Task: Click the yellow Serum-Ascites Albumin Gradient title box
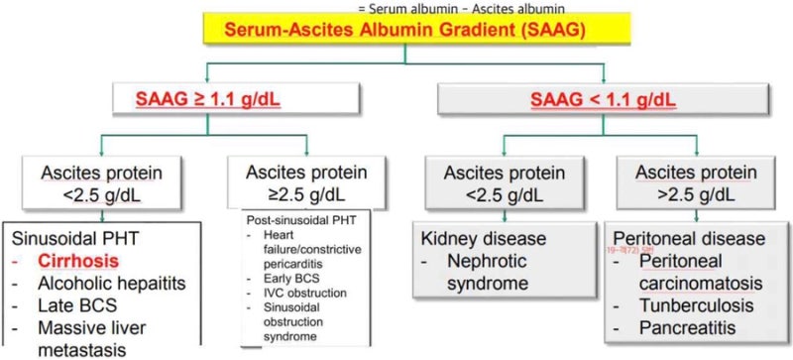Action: click(x=396, y=32)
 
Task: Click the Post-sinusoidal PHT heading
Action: click(x=296, y=217)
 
